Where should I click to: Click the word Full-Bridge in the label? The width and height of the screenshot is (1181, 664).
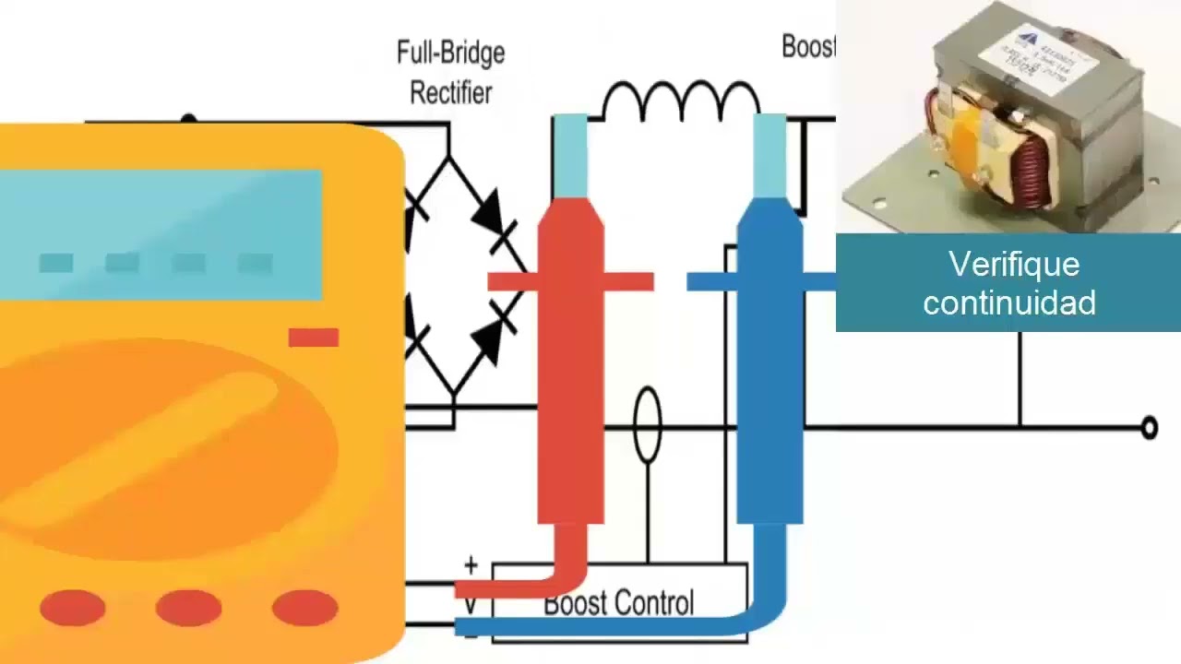(450, 53)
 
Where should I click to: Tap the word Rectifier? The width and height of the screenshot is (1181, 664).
(450, 92)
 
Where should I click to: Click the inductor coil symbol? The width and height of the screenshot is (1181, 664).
(681, 100)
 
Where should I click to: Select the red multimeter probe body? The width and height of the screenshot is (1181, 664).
(570, 369)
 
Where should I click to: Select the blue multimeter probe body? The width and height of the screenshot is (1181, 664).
(769, 369)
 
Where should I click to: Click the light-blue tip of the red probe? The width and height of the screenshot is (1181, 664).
(570, 155)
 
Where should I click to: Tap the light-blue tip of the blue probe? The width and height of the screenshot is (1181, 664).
(769, 155)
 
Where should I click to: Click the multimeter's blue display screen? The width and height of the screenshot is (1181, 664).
(161, 235)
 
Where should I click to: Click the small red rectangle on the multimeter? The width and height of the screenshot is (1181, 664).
(314, 338)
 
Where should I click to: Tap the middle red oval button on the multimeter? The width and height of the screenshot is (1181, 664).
(188, 608)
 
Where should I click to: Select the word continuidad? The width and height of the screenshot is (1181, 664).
(1009, 302)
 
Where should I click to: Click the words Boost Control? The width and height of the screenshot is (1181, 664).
(618, 603)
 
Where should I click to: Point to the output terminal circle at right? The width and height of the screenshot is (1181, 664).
(1149, 427)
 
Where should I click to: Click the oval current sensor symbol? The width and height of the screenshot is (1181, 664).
(648, 425)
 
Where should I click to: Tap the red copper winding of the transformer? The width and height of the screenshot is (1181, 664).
(1032, 170)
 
